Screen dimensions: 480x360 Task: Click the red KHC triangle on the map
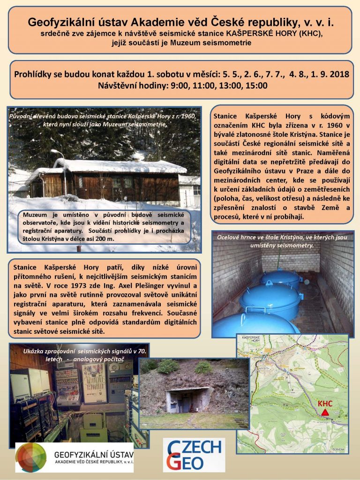point(324,412)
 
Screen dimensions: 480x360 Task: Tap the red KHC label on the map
point(325,403)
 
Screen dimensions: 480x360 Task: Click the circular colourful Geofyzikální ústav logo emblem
point(31,457)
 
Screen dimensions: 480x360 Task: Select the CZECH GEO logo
point(194,455)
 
